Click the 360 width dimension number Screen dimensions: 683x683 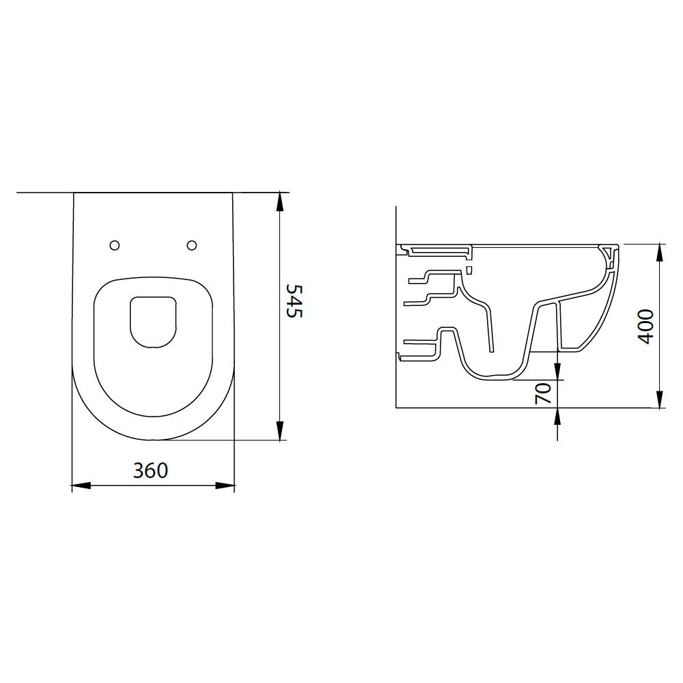(x=150, y=471)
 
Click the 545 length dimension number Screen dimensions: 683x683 (x=294, y=301)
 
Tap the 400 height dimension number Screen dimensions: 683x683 (x=646, y=326)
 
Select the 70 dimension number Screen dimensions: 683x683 (x=543, y=394)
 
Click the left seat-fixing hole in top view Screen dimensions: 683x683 (x=115, y=245)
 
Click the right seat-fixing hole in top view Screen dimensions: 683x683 (x=192, y=245)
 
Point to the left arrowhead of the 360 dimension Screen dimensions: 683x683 (x=81, y=485)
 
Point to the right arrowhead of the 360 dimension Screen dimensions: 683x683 (x=225, y=485)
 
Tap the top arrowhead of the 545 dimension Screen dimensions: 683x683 (x=280, y=202)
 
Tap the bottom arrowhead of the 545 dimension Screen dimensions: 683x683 (x=280, y=430)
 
